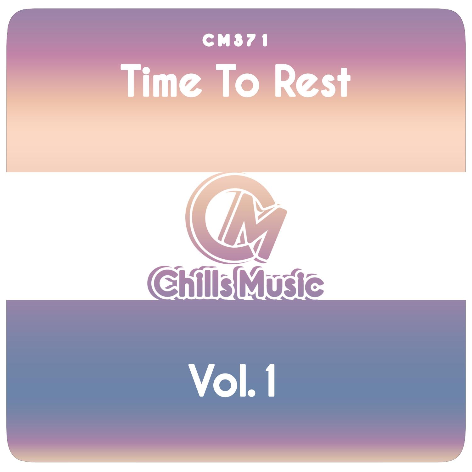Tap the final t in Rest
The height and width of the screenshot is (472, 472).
pyautogui.click(x=343, y=82)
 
